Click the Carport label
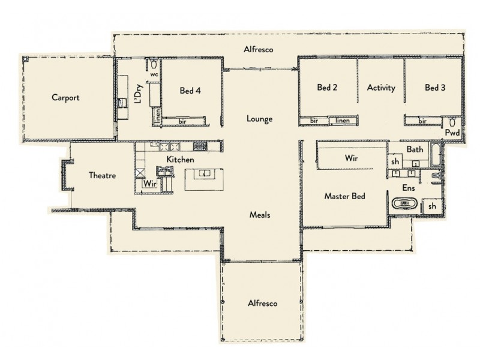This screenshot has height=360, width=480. (65, 97)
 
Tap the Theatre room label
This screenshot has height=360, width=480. (102, 176)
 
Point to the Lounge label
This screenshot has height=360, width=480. (259, 119)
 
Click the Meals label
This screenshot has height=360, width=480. (261, 214)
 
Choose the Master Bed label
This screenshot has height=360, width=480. (345, 196)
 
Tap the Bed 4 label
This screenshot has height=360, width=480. (190, 91)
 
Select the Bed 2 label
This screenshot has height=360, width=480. (327, 88)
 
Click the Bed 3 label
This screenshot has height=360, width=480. (435, 88)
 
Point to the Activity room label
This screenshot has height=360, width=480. (381, 88)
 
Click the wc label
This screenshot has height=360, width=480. (154, 75)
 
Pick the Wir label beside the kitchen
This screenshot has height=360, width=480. (150, 184)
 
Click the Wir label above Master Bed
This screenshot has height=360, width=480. (352, 159)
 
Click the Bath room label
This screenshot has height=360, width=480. (415, 149)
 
